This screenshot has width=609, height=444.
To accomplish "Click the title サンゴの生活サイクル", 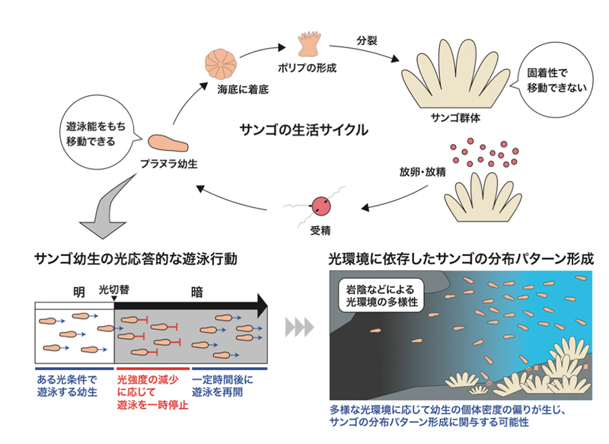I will pos(302,130).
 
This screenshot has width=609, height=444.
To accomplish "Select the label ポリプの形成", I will pos(309,67).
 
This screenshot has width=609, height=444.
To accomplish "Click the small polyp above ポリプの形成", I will pos(310,43).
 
